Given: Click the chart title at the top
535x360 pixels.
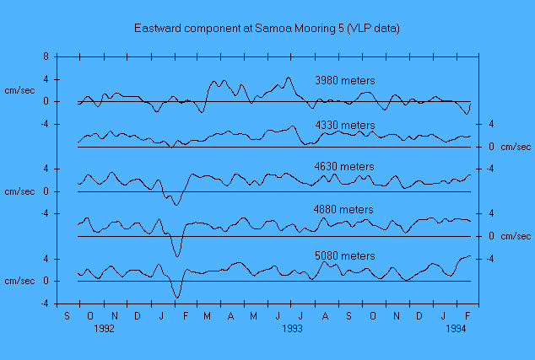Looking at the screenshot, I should (267, 28).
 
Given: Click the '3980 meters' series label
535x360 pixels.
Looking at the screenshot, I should (344, 81).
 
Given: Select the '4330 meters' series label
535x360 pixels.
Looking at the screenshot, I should (344, 126).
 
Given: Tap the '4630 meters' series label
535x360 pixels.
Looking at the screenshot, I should (344, 167).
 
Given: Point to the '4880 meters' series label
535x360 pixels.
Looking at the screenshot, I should (344, 210).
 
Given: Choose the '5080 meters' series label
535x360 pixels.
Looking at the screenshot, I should (344, 255).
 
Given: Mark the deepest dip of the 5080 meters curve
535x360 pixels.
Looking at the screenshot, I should (176, 297).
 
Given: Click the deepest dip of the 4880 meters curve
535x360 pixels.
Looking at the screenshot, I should (177, 255).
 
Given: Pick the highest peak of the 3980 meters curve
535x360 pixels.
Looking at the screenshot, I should (289, 78).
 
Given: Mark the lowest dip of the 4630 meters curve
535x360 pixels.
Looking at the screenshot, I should (176, 205).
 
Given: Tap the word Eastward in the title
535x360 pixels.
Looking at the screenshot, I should (158, 28).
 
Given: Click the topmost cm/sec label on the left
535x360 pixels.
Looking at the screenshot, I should (19, 90).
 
